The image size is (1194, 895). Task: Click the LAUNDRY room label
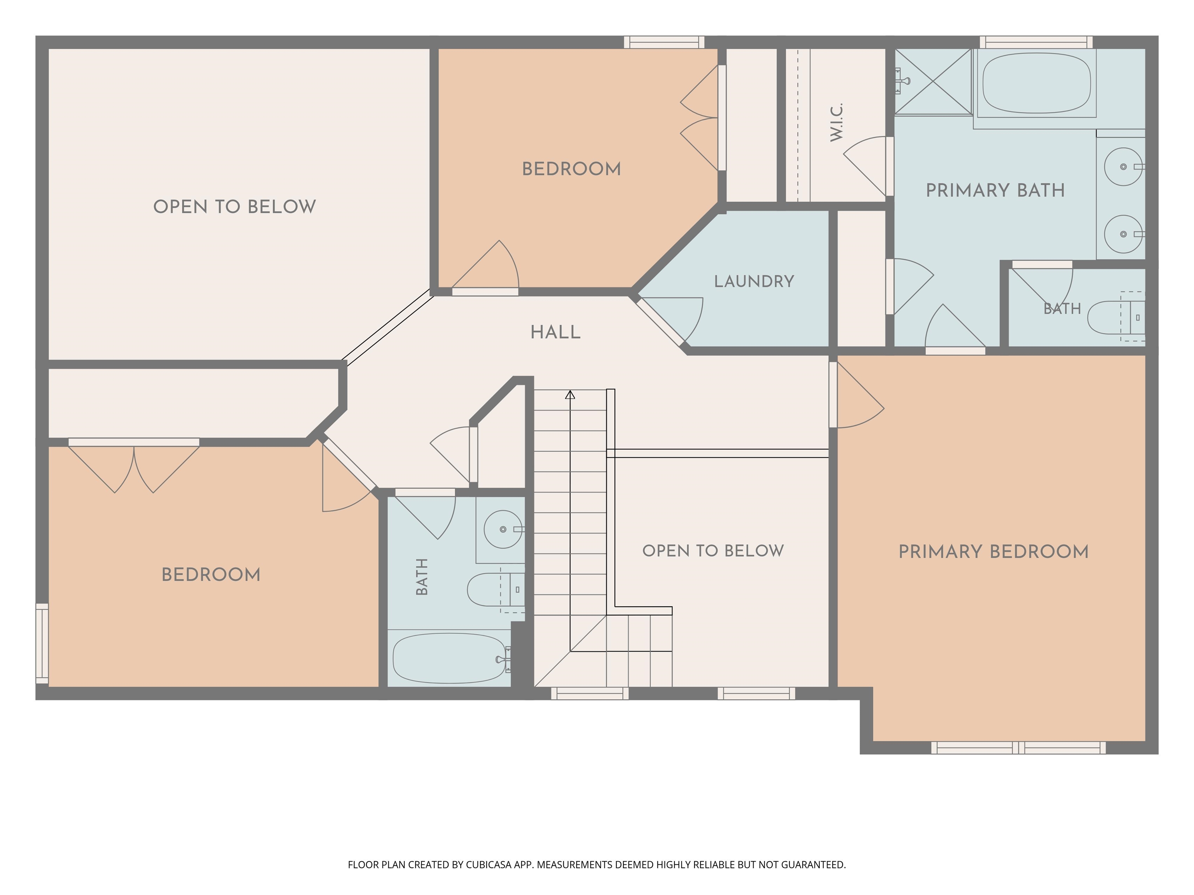pos(754,282)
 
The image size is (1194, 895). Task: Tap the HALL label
pos(555,332)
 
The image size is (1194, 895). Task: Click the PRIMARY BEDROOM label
pos(993,552)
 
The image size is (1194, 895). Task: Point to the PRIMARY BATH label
pos(995,190)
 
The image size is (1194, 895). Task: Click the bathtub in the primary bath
pos(1036,82)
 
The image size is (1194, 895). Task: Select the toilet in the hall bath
pos(496,590)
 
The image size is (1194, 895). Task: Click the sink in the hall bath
pos(503,529)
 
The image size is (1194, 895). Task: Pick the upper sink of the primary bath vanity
pos(1123,167)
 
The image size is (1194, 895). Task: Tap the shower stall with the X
pos(933,82)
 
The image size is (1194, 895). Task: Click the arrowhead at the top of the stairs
pos(570,395)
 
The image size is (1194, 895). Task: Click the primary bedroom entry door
pos(857,395)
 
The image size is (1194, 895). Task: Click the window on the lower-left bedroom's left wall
pos(42,644)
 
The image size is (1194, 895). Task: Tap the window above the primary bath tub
pos(1036,42)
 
